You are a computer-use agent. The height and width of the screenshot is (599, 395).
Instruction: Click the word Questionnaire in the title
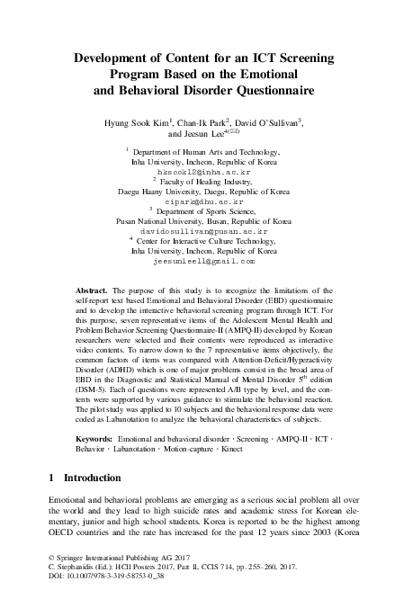click(x=263, y=91)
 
